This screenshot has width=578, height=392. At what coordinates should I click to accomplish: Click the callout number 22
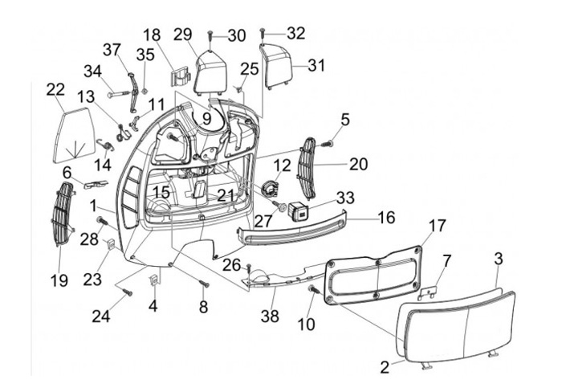55,90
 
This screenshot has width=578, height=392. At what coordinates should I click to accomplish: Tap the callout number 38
270,316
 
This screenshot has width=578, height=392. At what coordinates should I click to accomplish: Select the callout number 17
438,226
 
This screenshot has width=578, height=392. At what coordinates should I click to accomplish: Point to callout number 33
345,198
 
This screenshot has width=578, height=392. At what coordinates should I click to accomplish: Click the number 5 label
345,120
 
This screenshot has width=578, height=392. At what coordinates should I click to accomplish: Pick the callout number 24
101,316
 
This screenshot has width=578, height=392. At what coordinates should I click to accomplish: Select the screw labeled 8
204,284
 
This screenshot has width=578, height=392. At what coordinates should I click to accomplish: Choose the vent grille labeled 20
307,168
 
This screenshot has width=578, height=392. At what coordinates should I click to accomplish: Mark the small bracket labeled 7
429,292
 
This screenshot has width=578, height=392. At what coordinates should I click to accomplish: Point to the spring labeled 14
106,144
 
